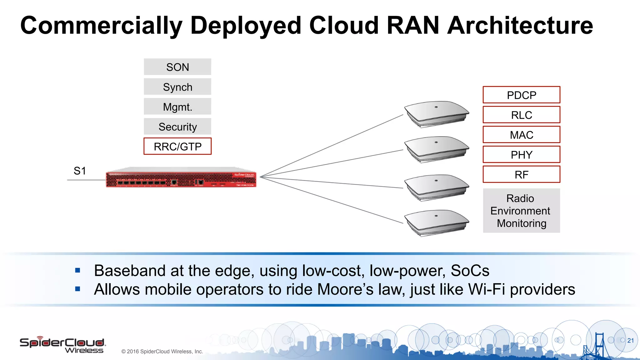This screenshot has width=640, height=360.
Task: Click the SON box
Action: point(177,67)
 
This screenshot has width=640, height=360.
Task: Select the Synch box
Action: point(177,87)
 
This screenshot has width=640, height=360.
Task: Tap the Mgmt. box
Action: point(177,107)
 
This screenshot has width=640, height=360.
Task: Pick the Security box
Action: point(177,127)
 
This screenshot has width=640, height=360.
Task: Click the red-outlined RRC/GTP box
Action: point(177,146)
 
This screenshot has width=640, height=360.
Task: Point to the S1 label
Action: point(80,171)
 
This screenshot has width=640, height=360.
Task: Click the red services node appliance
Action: point(181,179)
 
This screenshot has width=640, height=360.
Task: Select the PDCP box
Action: point(521,95)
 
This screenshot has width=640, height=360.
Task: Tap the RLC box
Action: point(521,115)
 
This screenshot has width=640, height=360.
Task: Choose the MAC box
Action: point(521,135)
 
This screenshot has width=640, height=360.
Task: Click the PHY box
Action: point(521,155)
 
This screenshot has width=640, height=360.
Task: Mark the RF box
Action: point(521,174)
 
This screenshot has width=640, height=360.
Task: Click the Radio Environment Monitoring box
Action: point(521,211)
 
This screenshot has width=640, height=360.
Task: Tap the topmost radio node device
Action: point(436,113)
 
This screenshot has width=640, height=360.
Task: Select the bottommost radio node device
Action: point(436,222)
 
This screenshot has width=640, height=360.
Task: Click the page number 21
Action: point(630,340)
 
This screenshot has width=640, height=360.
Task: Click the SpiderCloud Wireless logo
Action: point(62,345)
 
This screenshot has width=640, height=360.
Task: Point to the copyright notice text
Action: point(162,351)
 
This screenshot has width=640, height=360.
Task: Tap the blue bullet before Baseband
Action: point(78,271)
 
